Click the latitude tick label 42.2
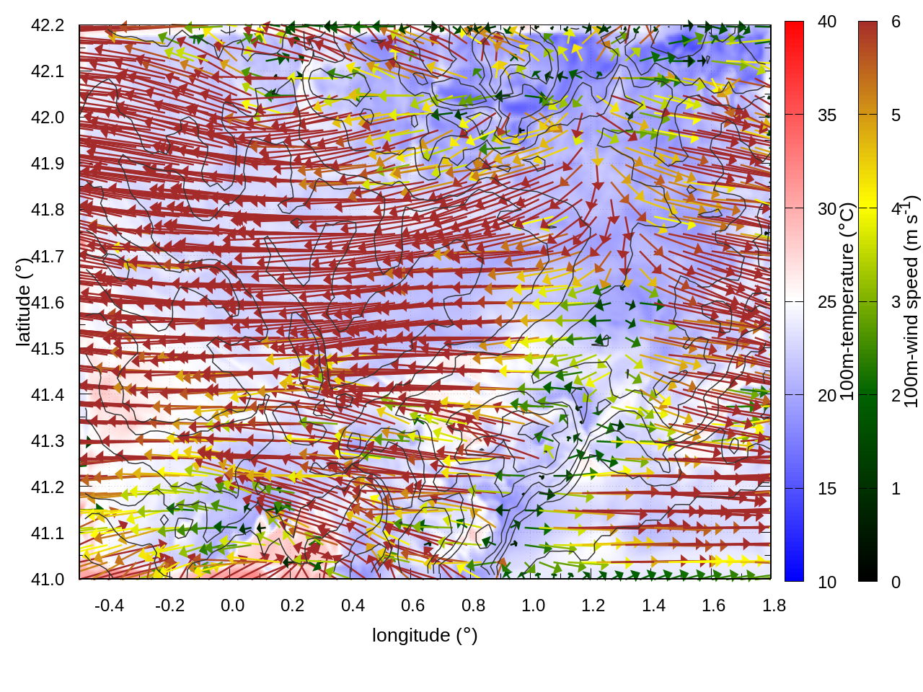click(x=48, y=25)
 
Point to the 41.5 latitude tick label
click(x=48, y=349)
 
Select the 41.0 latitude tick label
click(x=48, y=580)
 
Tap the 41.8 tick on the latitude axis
click(x=48, y=210)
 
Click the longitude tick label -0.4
click(x=109, y=605)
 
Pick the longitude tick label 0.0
click(x=232, y=605)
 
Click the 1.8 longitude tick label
click(x=774, y=605)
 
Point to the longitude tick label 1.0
click(x=533, y=605)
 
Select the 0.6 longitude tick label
click(x=412, y=605)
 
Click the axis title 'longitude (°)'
click(x=425, y=635)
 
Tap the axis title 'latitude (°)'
click(x=23, y=302)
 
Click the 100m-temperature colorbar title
click(x=847, y=302)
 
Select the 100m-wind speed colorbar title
click(x=912, y=302)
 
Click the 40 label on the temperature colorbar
click(x=827, y=22)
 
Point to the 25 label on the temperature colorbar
click(x=827, y=302)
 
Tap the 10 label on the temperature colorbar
click(x=827, y=582)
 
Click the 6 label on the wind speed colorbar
click(x=896, y=22)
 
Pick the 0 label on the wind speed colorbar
click(x=896, y=582)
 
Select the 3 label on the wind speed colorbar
click(x=896, y=302)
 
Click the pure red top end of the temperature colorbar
click(x=794, y=26)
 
